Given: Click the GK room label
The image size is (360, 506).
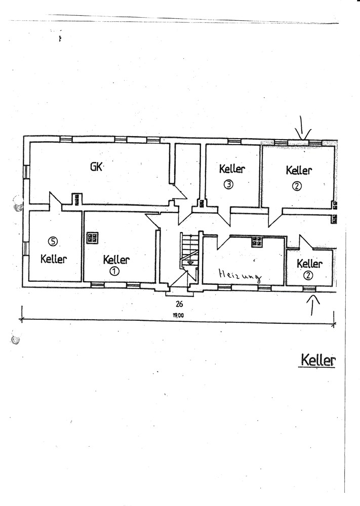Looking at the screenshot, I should click(96, 166).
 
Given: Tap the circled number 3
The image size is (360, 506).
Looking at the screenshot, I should click(229, 185).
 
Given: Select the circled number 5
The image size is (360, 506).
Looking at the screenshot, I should click(53, 240).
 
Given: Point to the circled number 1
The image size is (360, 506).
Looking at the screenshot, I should click(115, 271).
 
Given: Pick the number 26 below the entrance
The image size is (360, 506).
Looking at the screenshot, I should click(179, 304).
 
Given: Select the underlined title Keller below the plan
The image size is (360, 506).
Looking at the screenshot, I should click(318, 361).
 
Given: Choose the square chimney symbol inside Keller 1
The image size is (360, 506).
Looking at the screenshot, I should click(93, 238).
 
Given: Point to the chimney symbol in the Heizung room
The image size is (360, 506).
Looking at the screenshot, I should click(257, 242).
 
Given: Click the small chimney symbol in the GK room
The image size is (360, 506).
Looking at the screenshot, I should click(76, 199).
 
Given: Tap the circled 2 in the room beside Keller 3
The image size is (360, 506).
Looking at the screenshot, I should click(297, 186).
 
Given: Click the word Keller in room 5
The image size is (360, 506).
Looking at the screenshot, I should click(54, 259).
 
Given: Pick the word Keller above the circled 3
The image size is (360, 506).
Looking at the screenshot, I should click(232, 169).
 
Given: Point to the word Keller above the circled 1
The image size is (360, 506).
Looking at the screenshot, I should click(116, 260).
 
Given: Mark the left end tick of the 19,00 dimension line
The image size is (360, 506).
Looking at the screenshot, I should click(22, 319).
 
